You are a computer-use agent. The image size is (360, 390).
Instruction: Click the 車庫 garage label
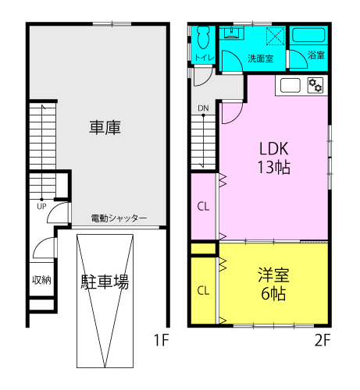[x=105, y=127]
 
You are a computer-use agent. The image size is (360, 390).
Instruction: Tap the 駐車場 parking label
[x=105, y=282]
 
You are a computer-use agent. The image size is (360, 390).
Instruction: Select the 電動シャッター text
[x=119, y=218]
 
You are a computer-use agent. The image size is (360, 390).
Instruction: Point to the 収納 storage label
[x=41, y=280]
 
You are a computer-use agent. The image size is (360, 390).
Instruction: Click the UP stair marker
[x=41, y=207]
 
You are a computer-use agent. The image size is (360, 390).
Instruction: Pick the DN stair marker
[x=203, y=108]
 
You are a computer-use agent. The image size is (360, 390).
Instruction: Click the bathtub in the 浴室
[x=308, y=35]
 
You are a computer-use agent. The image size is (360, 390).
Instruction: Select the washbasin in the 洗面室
[x=231, y=33]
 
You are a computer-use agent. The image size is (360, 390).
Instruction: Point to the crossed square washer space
[x=276, y=36]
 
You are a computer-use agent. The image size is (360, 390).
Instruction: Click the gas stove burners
[x=315, y=85]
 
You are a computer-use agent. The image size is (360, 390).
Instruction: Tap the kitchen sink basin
[x=290, y=85]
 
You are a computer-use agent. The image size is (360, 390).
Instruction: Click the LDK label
[x=274, y=148]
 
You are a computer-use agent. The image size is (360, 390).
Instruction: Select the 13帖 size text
[x=274, y=167]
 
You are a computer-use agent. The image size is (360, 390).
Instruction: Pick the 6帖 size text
[x=273, y=294]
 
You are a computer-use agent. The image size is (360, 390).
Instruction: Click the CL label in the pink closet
[x=203, y=207]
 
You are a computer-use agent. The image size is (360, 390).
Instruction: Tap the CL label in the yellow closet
[x=203, y=290]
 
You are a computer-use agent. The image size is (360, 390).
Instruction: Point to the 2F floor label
[x=323, y=340]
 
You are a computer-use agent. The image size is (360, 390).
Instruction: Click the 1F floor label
[x=162, y=340]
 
